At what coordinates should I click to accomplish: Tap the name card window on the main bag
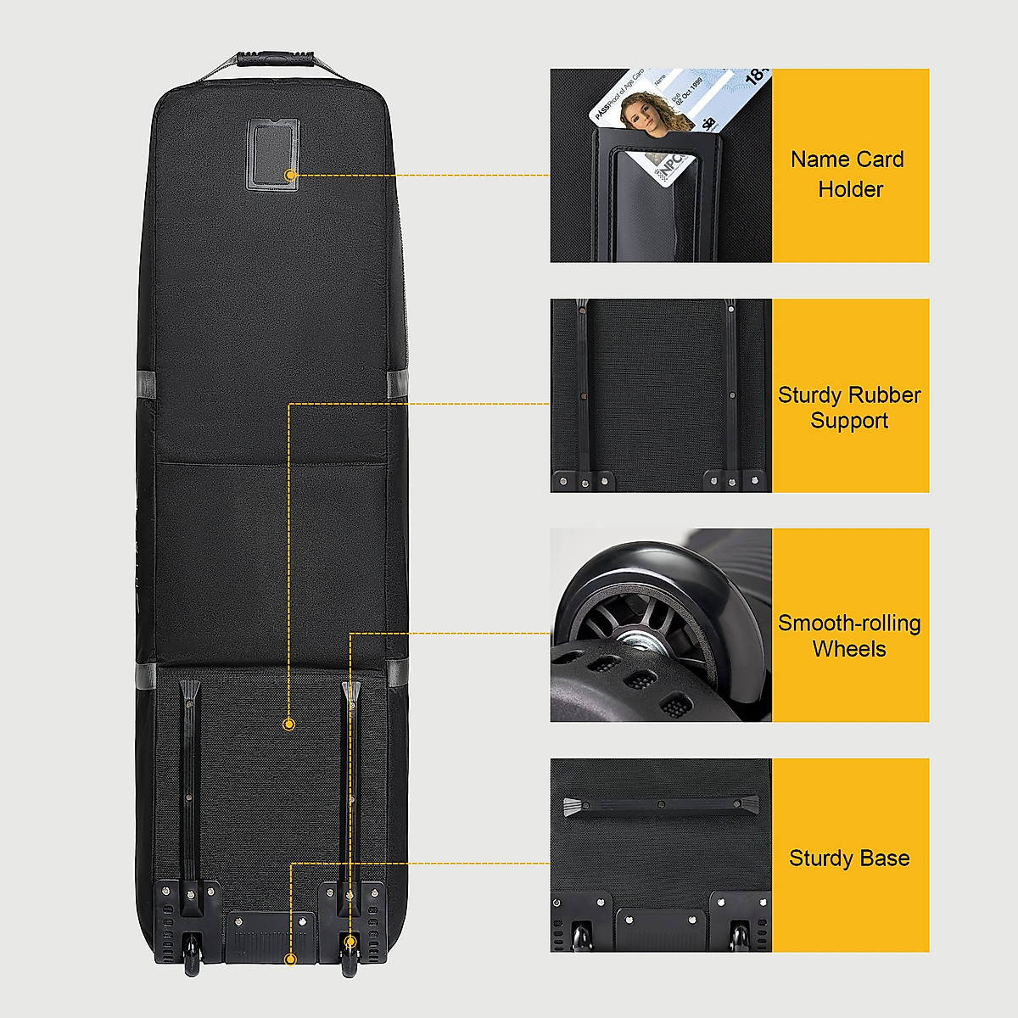click(273, 153)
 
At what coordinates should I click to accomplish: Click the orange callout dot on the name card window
click(291, 175)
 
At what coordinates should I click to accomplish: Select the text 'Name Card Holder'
click(848, 174)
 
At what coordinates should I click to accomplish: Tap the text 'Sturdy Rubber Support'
click(849, 408)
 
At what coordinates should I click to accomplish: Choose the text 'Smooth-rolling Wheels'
click(849, 636)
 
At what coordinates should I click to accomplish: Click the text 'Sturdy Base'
click(849, 859)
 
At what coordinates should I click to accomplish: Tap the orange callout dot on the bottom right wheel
click(350, 942)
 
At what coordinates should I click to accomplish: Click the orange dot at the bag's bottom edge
click(290, 959)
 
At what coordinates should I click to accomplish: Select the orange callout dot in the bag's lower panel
click(288, 724)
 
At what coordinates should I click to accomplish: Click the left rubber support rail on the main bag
click(188, 763)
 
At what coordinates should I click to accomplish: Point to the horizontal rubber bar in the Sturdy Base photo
click(661, 806)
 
